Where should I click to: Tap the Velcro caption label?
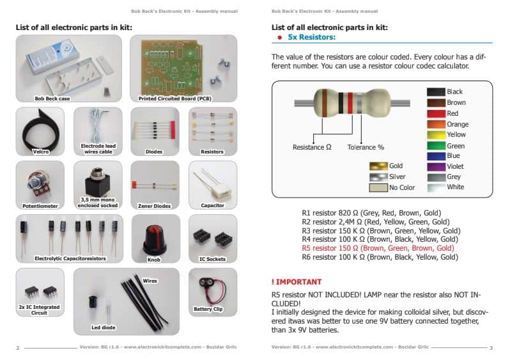coord(40,152)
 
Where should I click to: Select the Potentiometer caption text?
coord(40,206)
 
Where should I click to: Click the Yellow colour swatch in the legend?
coord(435,134)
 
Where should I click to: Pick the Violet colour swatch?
coord(435,166)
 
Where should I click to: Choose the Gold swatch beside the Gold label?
coord(378,166)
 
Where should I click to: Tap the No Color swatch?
coord(378,188)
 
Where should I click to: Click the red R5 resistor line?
coord(378,247)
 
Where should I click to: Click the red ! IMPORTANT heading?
coord(297,281)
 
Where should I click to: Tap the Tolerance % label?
coord(366,147)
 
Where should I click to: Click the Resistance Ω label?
coord(312,147)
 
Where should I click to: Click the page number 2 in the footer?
coord(18,347)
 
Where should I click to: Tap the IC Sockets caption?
coord(213,258)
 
